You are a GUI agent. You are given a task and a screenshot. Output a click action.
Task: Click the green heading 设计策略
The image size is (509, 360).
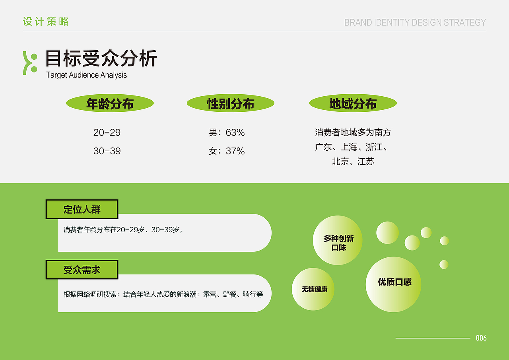pos(46,21)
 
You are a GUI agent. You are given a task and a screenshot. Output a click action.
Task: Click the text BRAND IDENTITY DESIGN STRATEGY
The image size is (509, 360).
pos(415,22)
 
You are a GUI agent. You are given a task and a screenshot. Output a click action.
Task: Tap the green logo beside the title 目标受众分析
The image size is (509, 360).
pos(30,63)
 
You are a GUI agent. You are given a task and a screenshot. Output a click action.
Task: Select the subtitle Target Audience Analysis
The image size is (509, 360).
pos(86,75)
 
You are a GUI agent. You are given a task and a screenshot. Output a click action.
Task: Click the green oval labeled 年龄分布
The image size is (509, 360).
pos(110,104)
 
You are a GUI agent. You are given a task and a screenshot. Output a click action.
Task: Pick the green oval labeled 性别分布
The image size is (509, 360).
pos(231,104)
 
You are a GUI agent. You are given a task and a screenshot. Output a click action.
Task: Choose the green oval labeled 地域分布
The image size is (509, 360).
pos(353,104)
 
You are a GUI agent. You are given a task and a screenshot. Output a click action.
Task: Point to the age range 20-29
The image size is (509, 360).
pos(107,132)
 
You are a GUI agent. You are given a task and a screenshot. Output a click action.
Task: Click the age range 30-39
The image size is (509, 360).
pos(107,151)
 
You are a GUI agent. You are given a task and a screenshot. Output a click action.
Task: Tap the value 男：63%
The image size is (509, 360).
pos(227,132)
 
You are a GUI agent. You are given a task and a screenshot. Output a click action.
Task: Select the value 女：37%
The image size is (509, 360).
pos(227,151)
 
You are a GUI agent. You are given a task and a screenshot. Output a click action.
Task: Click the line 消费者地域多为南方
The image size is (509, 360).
pos(353,132)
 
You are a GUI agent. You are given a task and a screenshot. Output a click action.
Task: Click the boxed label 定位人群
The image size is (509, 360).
pos(82,209)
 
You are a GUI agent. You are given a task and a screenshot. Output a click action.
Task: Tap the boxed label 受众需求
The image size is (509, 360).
pos(82,270)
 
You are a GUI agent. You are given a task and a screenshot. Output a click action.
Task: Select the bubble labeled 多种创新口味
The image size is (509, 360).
pos(338,240)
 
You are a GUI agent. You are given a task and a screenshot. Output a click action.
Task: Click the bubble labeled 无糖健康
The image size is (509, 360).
pos(313,289)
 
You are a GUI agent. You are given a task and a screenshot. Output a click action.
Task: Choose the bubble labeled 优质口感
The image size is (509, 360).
pos(393,284)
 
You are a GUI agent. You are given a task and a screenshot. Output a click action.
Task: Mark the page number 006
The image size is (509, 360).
pos(481,338)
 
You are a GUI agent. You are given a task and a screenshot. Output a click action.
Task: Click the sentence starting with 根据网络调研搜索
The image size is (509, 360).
pos(163,294)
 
